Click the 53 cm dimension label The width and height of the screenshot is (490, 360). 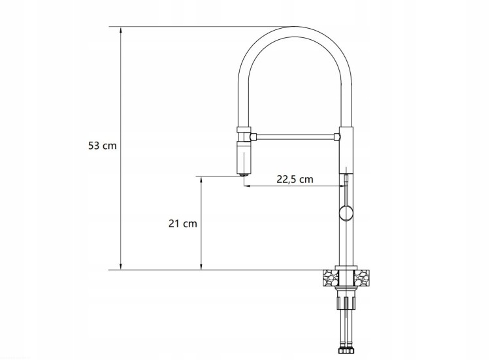[102, 146]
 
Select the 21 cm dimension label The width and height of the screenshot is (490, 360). [183, 223]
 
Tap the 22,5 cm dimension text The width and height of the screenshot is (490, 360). [295, 179]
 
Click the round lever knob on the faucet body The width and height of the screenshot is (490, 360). [346, 214]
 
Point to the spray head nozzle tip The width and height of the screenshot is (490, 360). [244, 174]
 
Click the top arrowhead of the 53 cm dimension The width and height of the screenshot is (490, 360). [121, 30]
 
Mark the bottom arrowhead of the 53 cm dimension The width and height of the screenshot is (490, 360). [121, 266]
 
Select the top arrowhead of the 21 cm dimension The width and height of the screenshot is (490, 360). [201, 180]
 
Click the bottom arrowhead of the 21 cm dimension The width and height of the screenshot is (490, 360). [201, 266]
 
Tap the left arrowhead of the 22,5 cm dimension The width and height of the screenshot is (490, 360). [247, 186]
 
